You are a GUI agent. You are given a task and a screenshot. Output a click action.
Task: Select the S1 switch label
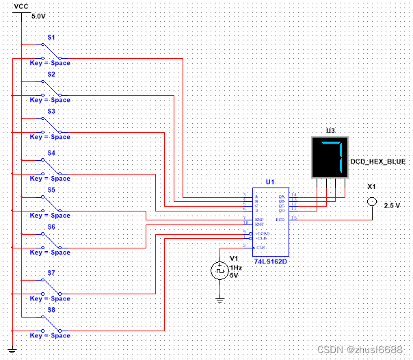[x=51, y=36]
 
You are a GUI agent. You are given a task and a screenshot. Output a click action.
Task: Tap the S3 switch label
[x=51, y=110]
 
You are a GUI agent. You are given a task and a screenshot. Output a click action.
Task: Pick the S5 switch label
[x=51, y=189]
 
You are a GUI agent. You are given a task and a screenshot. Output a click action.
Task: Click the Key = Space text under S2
[x=50, y=100]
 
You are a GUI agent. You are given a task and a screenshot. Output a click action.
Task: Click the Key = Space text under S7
[x=50, y=298]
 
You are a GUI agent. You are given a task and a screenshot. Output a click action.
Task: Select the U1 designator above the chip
[x=269, y=182]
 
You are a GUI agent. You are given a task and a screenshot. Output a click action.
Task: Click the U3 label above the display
[x=330, y=130]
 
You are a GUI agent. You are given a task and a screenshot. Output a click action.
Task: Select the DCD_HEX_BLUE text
[x=378, y=162]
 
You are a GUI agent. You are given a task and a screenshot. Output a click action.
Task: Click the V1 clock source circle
[x=219, y=270]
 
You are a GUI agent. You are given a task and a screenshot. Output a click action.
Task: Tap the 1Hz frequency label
[x=235, y=268]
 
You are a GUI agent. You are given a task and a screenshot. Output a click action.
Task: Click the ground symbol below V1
[x=219, y=298]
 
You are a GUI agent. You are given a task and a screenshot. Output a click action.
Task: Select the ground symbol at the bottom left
[x=12, y=350]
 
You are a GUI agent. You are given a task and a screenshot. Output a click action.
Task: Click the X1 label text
[x=372, y=186]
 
